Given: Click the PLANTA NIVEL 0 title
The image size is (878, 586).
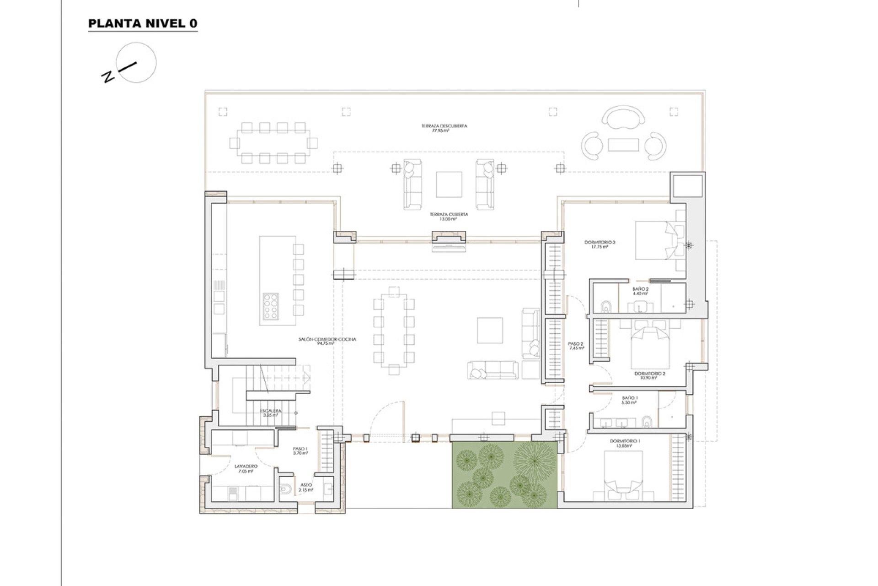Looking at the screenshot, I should pyautogui.click(x=143, y=24).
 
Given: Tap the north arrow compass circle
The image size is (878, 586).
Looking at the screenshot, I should pyautogui.click(x=136, y=63).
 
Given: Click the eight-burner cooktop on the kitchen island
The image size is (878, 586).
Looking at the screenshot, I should pyautogui.click(x=270, y=306).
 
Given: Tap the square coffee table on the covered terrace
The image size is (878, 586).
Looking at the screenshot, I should pyautogui.click(x=449, y=184).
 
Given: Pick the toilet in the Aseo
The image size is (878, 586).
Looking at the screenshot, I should pyautogui.click(x=285, y=489).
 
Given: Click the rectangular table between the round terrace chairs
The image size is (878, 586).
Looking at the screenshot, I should pyautogui.click(x=623, y=145).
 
